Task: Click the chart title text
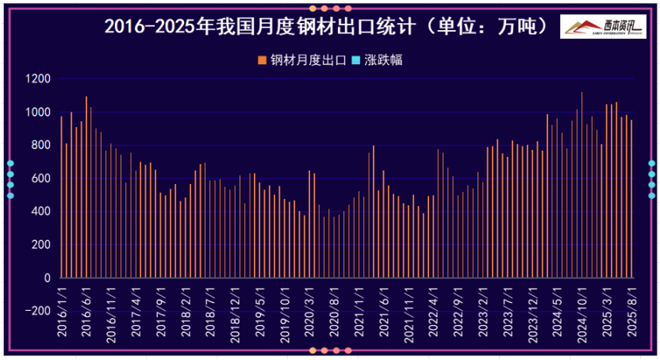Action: [x=326, y=26]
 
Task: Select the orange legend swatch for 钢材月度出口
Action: [x=263, y=60]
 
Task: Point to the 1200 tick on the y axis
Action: [x=38, y=79]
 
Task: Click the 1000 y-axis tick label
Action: [x=38, y=113]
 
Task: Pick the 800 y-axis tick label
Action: [x=41, y=146]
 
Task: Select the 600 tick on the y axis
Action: [x=41, y=179]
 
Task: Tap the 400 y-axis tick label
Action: [x=41, y=213]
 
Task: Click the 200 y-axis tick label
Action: [x=41, y=246]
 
